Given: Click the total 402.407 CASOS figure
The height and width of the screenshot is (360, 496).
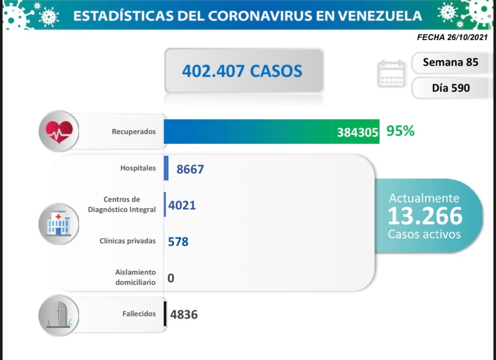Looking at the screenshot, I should click(242, 71).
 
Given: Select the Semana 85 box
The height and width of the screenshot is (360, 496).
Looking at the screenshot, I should click(450, 63).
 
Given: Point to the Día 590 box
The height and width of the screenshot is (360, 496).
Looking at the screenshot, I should click(451, 88).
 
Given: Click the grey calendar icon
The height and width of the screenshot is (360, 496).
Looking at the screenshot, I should click(391, 73).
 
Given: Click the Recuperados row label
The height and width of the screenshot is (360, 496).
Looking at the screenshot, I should click(134, 132).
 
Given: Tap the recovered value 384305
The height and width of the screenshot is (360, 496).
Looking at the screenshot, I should click(357, 133).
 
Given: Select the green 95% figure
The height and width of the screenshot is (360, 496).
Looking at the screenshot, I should click(400, 131).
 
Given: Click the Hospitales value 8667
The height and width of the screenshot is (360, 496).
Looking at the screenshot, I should click(190, 169).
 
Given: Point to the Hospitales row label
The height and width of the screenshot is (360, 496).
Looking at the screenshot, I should click(138, 168).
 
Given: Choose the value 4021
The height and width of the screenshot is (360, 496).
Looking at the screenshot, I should click(182, 206).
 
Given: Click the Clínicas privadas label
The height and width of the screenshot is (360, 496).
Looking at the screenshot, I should click(127, 241).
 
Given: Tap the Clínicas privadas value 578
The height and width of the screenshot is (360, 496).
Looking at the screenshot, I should click(178, 242).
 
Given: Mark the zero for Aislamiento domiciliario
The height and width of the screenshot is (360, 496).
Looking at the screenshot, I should click(171, 278).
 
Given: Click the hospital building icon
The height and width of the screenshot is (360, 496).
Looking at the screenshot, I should click(59, 224).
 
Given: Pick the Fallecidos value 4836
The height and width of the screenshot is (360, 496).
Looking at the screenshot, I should click(184, 315).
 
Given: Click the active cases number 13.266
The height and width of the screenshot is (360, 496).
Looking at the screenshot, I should click(424, 216).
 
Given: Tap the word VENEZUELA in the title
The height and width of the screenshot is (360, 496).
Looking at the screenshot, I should click(381, 16).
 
